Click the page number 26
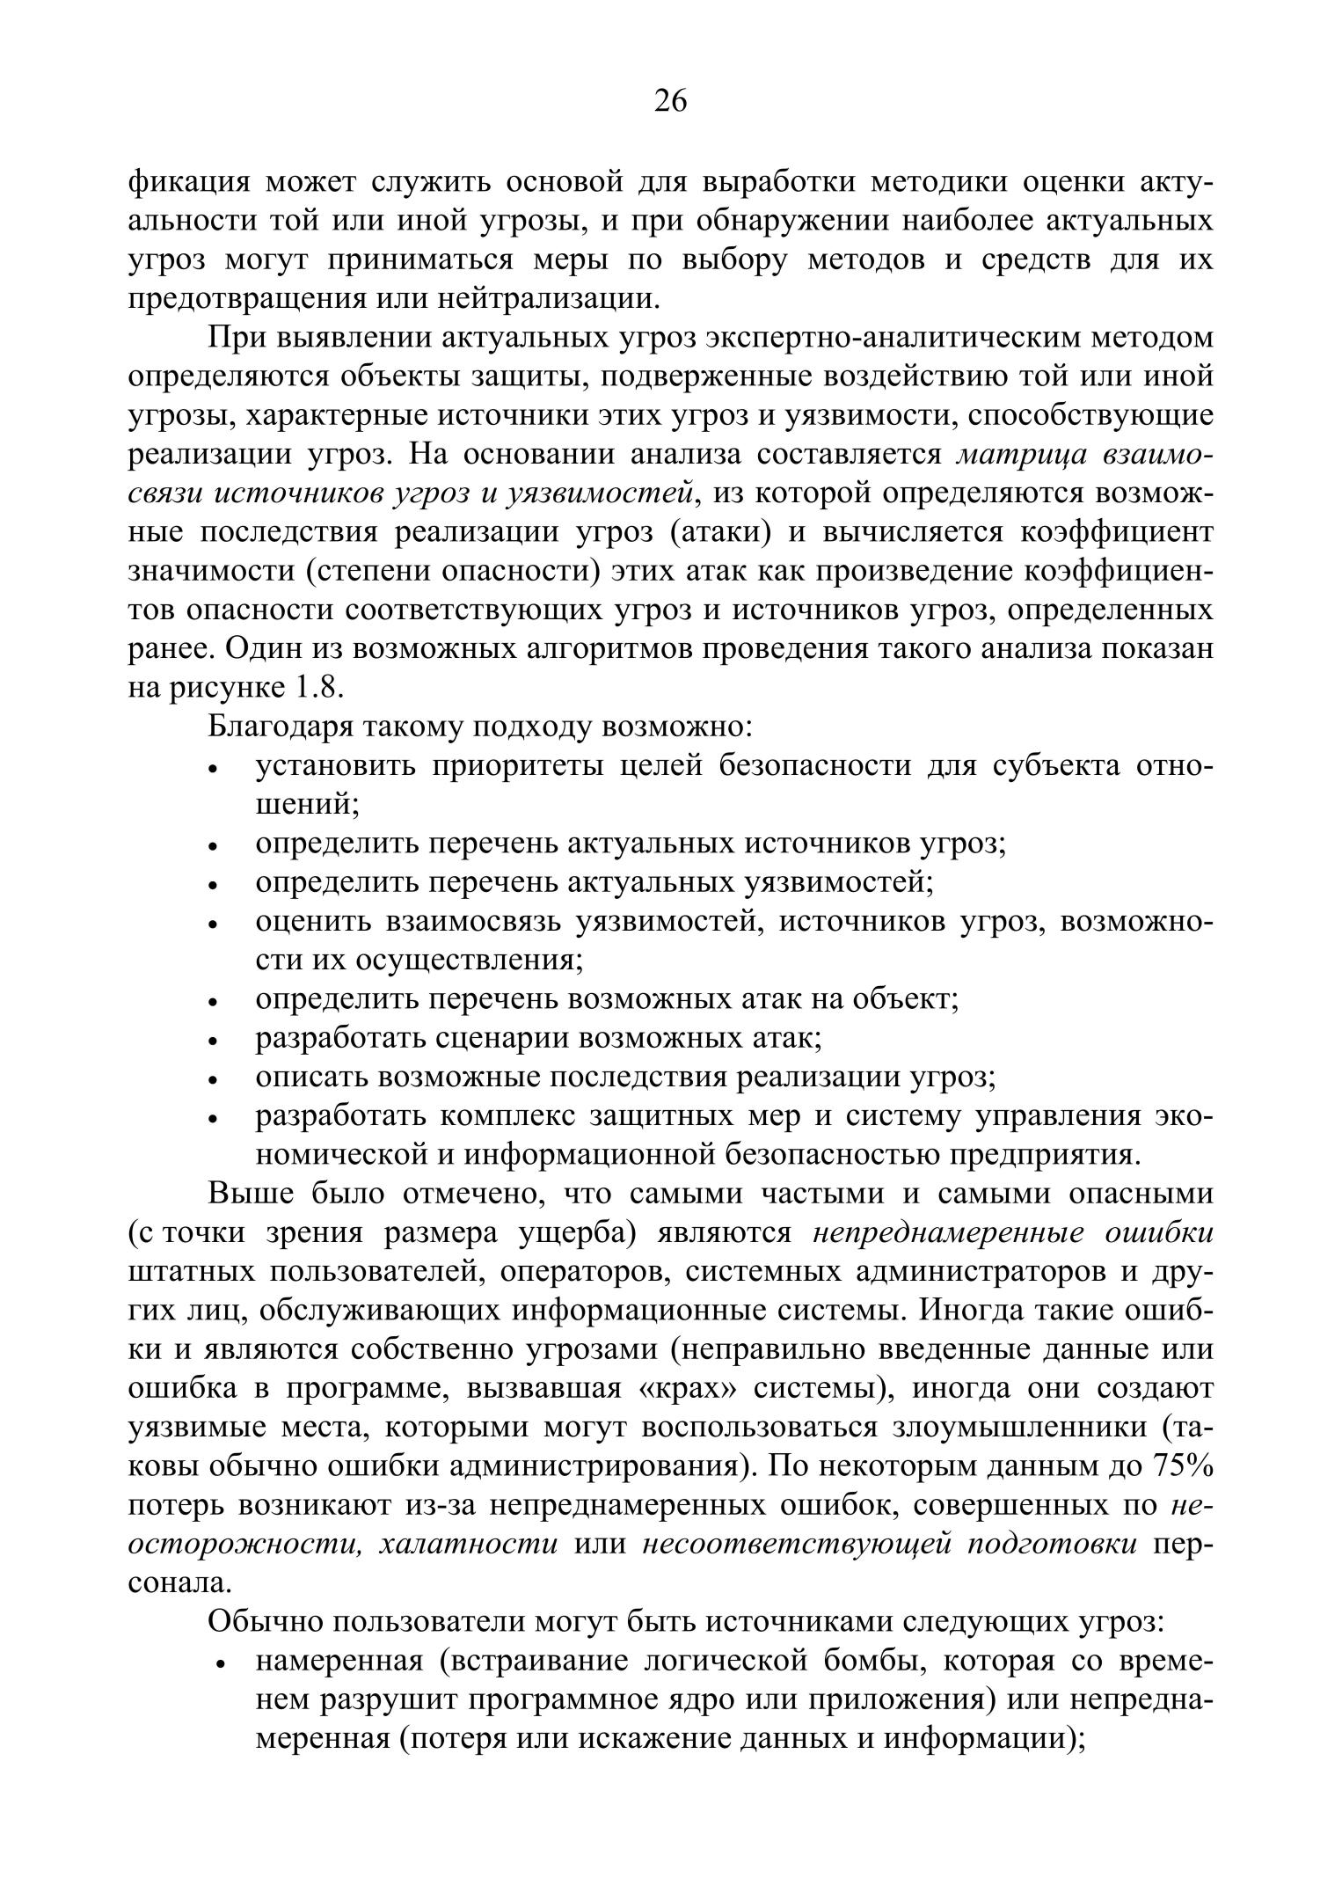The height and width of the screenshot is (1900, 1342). [670, 102]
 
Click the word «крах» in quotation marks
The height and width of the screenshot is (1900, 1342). [689, 1388]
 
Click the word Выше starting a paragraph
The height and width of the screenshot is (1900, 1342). [248, 1194]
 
